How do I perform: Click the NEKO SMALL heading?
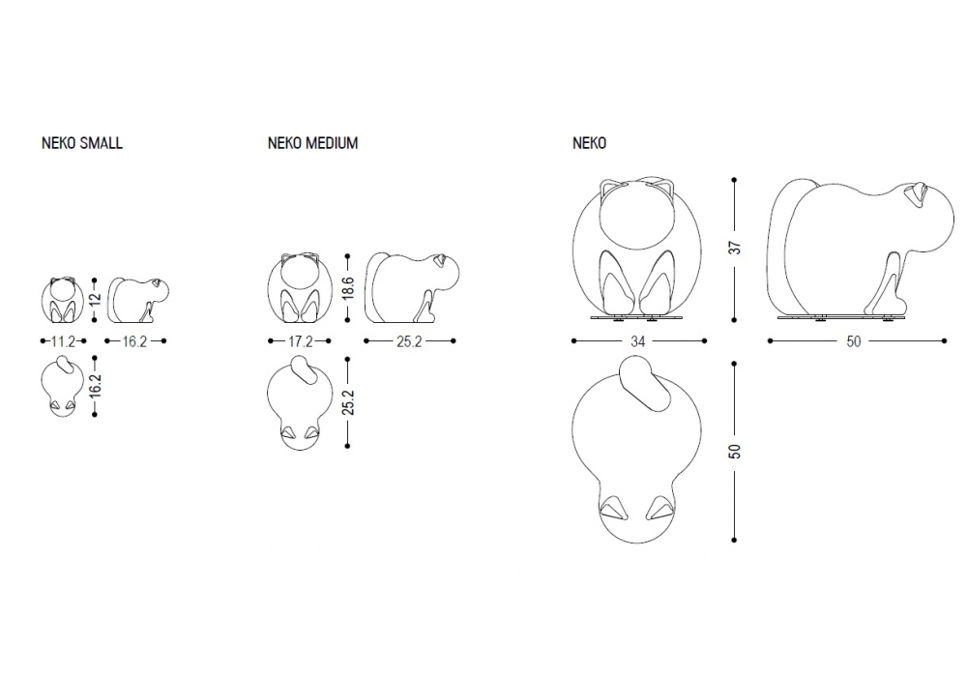[x=82, y=143]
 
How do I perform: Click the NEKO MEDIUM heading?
[x=312, y=143]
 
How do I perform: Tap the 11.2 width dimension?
[x=63, y=341]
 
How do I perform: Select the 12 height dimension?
[x=95, y=300]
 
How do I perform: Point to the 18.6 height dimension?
[x=348, y=287]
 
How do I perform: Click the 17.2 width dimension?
[x=300, y=341]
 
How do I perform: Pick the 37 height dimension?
[x=735, y=248]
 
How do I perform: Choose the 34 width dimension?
[x=637, y=341]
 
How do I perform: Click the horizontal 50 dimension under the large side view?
[x=854, y=341]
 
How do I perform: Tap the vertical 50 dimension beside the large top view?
[x=735, y=451]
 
